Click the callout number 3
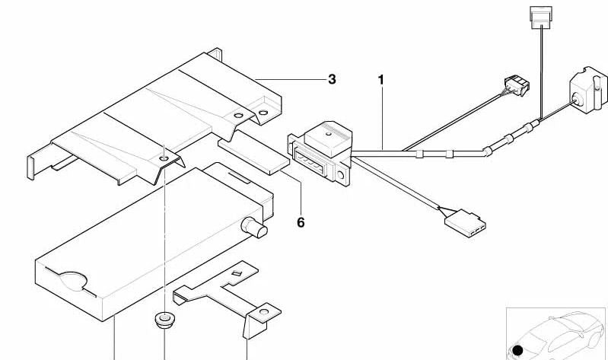[332, 79]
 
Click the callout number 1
[381, 80]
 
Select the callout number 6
[301, 222]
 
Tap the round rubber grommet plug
[164, 319]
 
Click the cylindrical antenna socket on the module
[254, 227]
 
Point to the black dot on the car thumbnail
[517, 351]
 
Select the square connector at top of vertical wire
[541, 18]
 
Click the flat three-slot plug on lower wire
[465, 223]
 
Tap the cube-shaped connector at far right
[588, 90]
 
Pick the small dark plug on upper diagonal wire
[517, 85]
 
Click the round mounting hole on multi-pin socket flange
[340, 176]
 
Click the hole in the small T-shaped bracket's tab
[264, 311]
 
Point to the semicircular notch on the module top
[73, 281]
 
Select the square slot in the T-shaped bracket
[237, 273]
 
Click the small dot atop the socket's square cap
[328, 134]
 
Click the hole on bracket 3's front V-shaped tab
[164, 158]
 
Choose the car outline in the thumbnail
[558, 334]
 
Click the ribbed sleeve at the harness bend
[488, 151]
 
